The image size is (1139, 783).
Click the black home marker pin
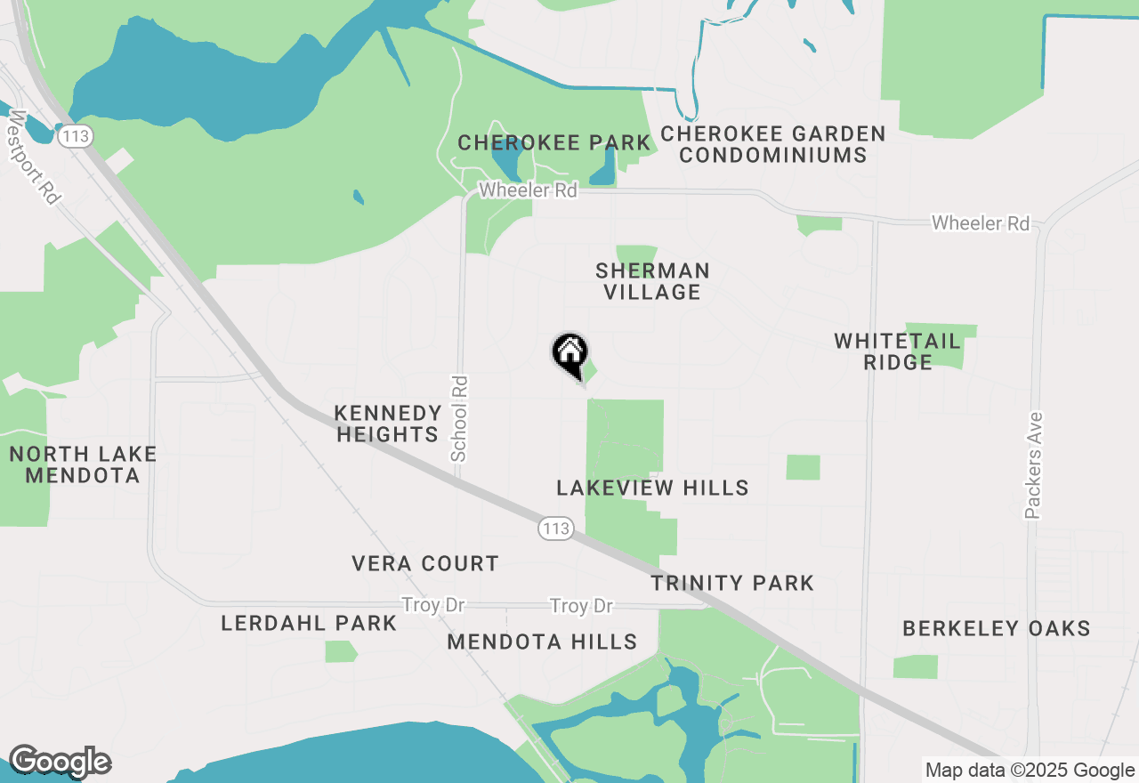point(569,355)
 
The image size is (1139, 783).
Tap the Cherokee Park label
point(554,142)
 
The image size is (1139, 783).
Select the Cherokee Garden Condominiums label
point(773,144)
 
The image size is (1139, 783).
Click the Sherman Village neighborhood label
point(653,281)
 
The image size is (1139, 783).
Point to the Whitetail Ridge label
point(897,351)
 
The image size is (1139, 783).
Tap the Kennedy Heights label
point(388,424)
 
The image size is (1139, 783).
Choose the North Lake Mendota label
point(83,464)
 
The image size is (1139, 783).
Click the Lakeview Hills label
point(652,488)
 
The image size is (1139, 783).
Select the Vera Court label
point(424,563)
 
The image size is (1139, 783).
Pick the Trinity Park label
point(732,583)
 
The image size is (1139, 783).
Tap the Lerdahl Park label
point(309,623)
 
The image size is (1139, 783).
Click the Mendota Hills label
point(542,642)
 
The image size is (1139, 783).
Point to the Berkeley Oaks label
point(996,628)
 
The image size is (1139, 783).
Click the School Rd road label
point(459,418)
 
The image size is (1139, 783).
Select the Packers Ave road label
point(1033,464)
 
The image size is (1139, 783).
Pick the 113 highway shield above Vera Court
point(554,529)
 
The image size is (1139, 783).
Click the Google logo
point(60,763)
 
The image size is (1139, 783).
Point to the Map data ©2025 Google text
point(1030,771)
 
